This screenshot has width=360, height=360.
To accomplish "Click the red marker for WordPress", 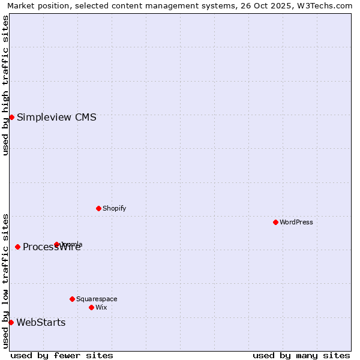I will click(x=275, y=222).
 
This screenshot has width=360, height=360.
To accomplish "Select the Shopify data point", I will click(x=98, y=208).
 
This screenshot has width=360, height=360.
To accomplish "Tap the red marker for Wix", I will click(x=91, y=307).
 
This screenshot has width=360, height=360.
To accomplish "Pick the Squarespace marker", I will click(x=72, y=299).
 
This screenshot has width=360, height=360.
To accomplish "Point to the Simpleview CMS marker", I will click(x=11, y=117).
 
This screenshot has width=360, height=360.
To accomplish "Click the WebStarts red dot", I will click(x=11, y=322).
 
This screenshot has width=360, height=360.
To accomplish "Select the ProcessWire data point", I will click(x=17, y=247).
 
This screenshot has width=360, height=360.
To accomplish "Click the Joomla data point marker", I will click(x=56, y=244).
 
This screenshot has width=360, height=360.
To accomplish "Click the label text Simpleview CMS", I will click(x=56, y=117).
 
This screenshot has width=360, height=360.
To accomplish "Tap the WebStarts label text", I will click(x=41, y=322).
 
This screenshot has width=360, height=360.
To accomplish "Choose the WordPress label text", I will click(x=296, y=222).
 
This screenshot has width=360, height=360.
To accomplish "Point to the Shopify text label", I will click(x=114, y=208).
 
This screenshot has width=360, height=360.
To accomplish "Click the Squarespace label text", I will click(x=97, y=299).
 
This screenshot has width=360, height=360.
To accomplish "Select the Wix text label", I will click(x=101, y=307).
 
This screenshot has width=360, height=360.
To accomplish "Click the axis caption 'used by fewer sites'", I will click(x=62, y=355).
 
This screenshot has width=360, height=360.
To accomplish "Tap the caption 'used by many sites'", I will click(x=301, y=355).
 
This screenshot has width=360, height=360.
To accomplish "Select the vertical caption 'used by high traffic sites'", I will click(x=5, y=85).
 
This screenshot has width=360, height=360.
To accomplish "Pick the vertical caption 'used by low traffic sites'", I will click(x=5, y=281).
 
